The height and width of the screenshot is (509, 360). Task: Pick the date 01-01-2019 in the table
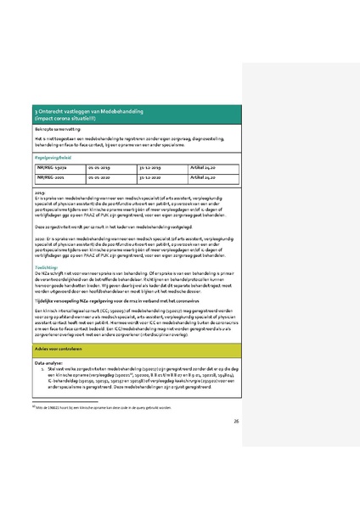pos(101,168)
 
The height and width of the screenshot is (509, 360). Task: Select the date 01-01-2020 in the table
pos(101,178)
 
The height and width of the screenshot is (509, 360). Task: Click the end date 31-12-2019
pos(153,168)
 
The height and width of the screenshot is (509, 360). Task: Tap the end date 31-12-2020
pos(153,178)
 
